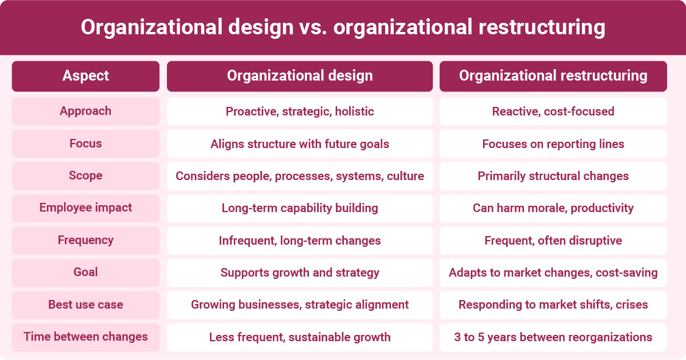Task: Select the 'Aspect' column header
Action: coord(86,76)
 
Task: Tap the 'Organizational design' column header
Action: coord(300,76)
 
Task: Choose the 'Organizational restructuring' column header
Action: coord(553,76)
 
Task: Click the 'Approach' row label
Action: coord(86,111)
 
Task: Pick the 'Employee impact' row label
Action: coord(86,208)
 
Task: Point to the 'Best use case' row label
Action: coord(86,305)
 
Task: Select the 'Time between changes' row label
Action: coord(86,337)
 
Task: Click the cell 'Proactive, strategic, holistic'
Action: coord(300,111)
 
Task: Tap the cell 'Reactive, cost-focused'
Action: coord(553,111)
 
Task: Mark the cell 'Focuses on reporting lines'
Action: coord(553,144)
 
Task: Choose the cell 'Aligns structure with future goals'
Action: coord(300,144)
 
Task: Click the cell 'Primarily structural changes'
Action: coord(553,176)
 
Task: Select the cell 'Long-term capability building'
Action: coord(300,208)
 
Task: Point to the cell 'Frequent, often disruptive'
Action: coord(553,241)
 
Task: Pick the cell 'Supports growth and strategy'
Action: coord(300,273)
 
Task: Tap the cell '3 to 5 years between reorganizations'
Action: coord(553,337)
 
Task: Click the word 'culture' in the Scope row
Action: coord(405,176)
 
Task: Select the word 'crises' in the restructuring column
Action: coord(632,305)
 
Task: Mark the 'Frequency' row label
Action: coord(86,241)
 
